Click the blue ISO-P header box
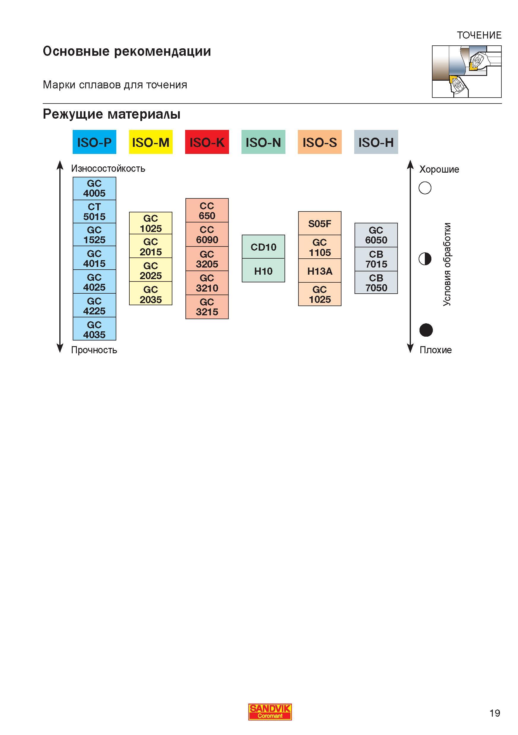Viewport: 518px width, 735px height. pos(94,142)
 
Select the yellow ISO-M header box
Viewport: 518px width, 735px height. pos(150,142)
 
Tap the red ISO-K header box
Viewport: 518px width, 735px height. pos(207,142)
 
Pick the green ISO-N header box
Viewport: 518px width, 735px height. pos(263,142)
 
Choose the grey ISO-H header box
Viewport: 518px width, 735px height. pos(376,142)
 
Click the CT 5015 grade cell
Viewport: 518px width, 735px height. pos(94,211)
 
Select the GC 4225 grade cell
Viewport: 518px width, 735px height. pos(94,306)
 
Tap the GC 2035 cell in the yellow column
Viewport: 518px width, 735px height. pos(150,294)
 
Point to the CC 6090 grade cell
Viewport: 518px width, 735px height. pos(207,234)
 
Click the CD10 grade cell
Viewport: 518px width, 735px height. pos(263,247)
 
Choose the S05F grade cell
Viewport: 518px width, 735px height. pos(320,223)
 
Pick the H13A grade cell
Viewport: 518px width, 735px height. pos(320,271)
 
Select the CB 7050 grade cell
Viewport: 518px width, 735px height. pos(376,283)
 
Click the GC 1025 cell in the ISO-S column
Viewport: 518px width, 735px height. pos(320,294)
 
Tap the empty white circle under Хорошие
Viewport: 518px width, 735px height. pos(425,188)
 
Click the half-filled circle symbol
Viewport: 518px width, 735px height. pos(425,259)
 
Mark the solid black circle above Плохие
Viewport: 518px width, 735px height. pos(426,330)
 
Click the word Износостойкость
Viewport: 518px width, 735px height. pos(108,168)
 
